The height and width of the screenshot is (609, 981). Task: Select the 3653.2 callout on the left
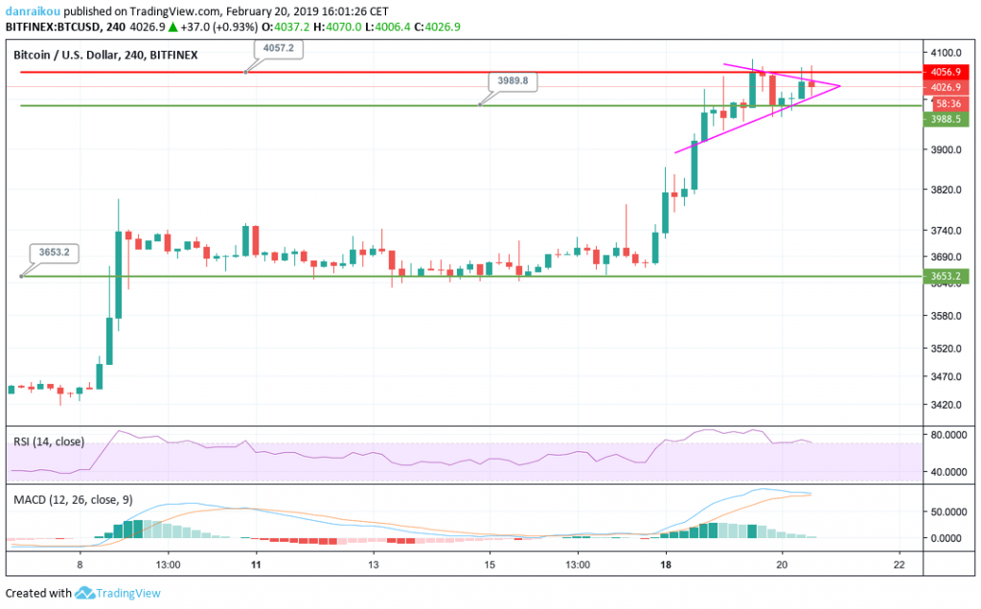(55, 253)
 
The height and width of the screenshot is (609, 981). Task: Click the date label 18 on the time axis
(664, 566)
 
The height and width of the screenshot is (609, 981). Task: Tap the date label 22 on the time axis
(899, 566)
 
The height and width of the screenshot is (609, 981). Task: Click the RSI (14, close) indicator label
(48, 442)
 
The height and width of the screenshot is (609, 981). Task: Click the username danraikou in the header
(33, 10)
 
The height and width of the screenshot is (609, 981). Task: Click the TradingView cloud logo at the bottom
(85, 593)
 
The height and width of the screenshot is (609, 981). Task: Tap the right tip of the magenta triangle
(840, 86)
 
